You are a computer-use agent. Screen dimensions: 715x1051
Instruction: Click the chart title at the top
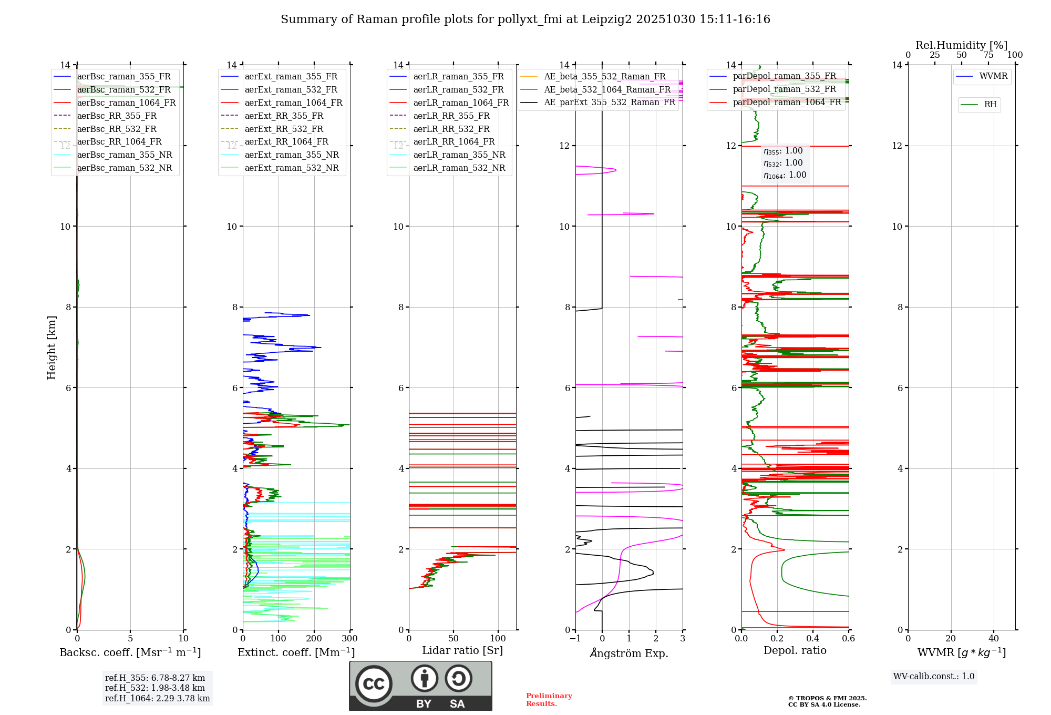point(525,19)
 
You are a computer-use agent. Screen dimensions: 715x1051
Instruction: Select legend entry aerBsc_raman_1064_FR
point(126,103)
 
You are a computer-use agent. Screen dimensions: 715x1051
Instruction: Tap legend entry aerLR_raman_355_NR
point(459,155)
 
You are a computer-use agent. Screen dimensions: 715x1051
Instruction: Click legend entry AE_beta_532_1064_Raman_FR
point(607,89)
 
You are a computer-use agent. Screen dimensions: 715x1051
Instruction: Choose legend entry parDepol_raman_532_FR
point(784,89)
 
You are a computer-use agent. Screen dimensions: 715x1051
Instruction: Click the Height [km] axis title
point(51,347)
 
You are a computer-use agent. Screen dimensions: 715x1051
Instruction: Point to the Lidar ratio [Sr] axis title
point(462,650)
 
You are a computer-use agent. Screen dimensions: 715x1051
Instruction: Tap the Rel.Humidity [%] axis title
point(961,45)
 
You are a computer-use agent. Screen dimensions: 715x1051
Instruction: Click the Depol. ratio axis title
point(795,650)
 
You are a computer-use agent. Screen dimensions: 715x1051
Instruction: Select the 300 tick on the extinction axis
point(349,639)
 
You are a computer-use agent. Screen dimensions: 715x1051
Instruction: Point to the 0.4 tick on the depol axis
point(813,639)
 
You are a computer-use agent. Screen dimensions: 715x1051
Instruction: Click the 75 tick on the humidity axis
point(988,55)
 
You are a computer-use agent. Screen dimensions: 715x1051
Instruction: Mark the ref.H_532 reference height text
point(155,688)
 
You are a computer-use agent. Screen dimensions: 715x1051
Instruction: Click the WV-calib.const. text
point(934,677)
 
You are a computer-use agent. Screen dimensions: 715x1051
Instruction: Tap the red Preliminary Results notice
point(549,699)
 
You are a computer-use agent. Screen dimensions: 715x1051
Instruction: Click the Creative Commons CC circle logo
point(374,683)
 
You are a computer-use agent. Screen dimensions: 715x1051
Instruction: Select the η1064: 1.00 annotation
point(785,175)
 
